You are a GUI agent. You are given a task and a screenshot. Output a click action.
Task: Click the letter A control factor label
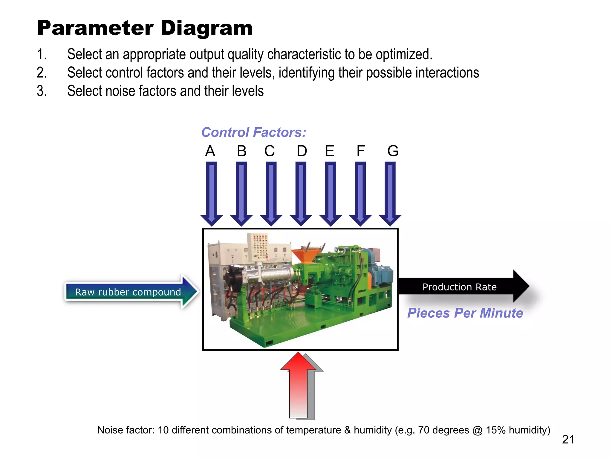(210, 151)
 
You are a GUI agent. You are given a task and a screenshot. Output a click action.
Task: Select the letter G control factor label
(393, 151)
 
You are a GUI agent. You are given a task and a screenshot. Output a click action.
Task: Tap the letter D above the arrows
(302, 151)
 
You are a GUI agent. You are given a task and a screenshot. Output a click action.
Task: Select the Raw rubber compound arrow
(128, 292)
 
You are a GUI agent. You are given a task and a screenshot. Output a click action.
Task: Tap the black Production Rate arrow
(460, 287)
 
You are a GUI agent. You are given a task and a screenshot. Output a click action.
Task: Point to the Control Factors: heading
(254, 132)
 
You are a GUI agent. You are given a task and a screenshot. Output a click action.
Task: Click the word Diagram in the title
(206, 28)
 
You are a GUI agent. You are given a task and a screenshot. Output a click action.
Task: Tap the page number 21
(568, 439)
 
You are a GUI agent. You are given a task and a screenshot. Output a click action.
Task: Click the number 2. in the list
(42, 73)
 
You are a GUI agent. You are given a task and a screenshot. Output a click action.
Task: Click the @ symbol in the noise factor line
(478, 430)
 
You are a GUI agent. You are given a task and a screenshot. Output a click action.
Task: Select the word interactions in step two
(447, 73)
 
